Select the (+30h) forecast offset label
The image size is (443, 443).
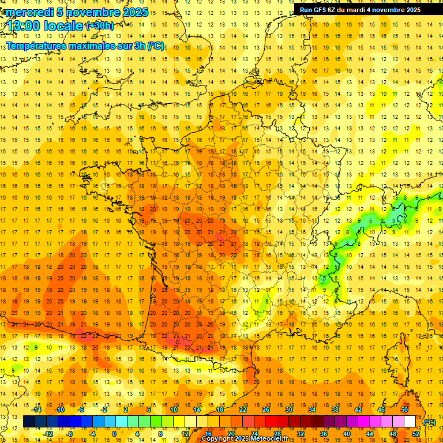99,25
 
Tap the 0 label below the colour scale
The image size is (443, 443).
114,434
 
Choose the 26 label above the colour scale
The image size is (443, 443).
266,410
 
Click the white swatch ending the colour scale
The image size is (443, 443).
410,422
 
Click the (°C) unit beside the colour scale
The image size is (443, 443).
429,422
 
